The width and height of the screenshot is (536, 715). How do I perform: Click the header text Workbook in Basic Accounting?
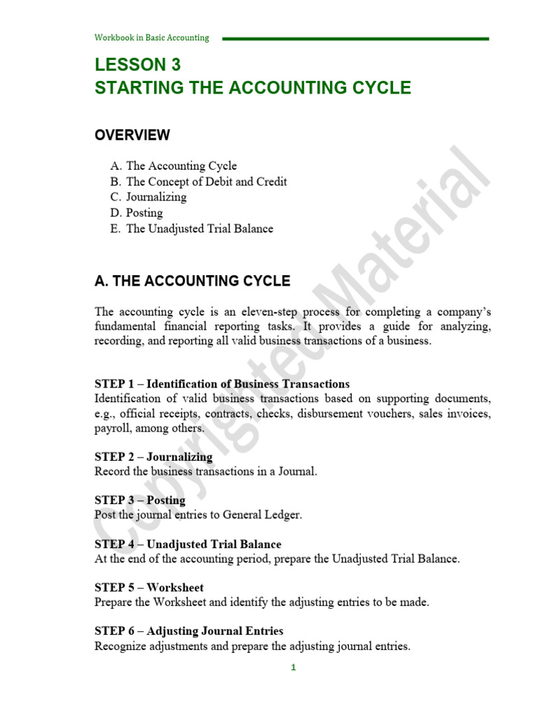[151, 38]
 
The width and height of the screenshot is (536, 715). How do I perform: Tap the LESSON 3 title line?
[137, 65]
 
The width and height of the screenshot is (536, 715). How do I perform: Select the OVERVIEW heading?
[132, 135]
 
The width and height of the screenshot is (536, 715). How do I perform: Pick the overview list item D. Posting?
[136, 213]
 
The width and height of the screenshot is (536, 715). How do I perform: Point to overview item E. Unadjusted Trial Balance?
[191, 228]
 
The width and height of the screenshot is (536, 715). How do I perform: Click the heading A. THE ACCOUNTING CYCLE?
[192, 281]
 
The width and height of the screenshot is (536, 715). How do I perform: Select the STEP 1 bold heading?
[222, 384]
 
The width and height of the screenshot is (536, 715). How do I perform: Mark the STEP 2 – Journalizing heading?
[154, 457]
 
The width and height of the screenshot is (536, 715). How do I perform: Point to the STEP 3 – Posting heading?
[140, 500]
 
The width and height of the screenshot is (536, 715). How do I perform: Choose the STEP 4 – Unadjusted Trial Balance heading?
[188, 544]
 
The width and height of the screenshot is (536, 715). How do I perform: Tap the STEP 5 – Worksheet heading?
[149, 587]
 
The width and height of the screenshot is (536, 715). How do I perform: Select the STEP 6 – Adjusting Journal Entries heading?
[188, 631]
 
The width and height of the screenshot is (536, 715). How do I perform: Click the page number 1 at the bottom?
[294, 668]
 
